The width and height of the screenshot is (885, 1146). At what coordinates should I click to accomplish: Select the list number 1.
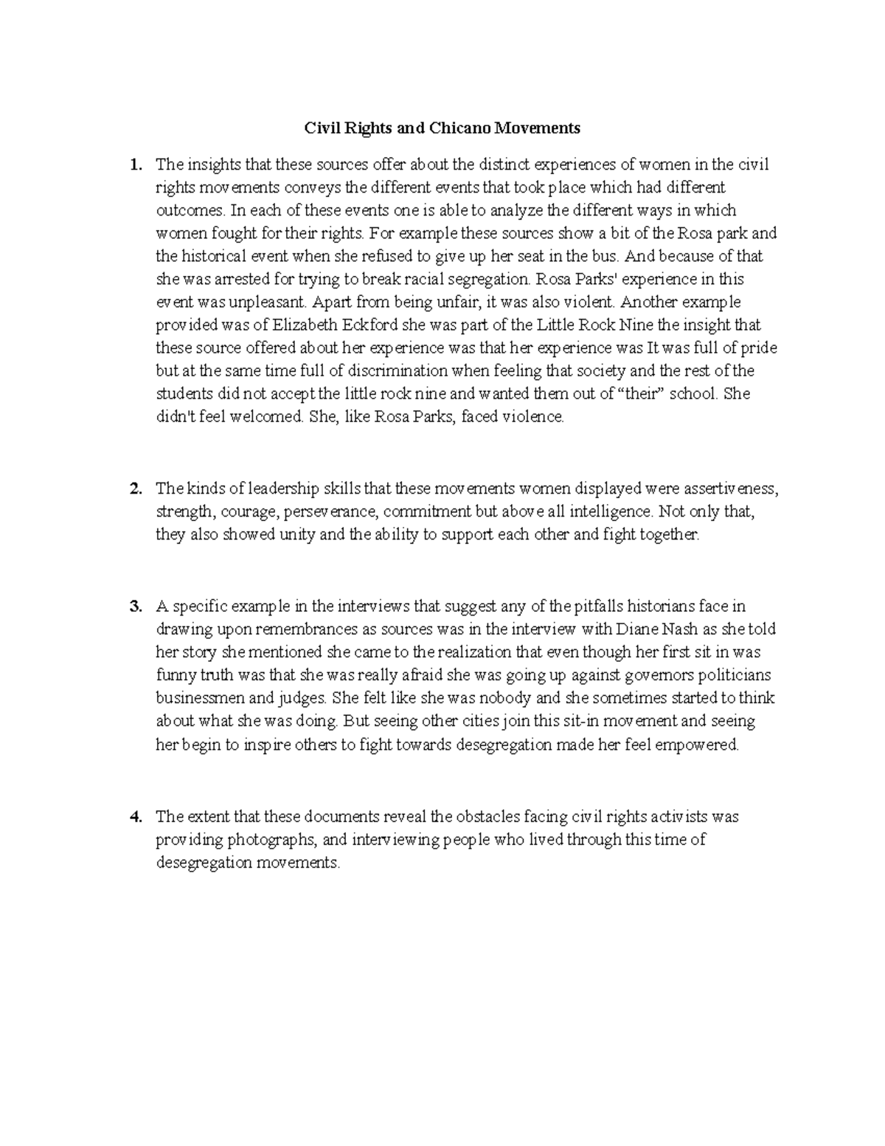pos(134,165)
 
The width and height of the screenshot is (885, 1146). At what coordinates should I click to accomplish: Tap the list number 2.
pos(134,489)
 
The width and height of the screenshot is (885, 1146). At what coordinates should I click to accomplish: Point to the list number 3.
pos(134,607)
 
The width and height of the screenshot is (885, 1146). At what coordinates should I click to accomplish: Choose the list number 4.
pos(134,817)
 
